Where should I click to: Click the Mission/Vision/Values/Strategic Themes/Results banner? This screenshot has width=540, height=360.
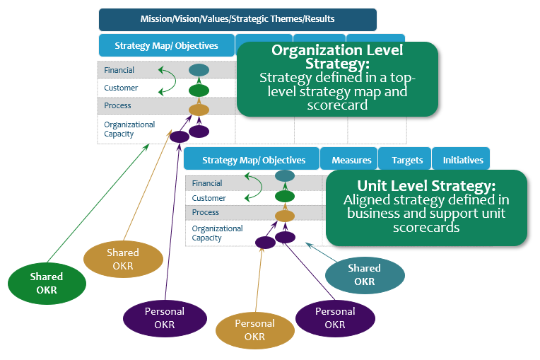(237, 19)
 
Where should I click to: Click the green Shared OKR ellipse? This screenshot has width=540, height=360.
(47, 283)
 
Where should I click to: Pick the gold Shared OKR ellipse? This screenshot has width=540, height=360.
(123, 259)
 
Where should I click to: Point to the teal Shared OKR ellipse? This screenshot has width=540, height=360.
(365, 274)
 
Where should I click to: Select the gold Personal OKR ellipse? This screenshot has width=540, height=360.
(254, 330)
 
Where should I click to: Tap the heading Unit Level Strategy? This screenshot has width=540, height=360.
(426, 186)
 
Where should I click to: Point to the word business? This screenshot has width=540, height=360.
(372, 214)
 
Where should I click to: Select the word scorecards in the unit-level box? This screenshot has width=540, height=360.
(426, 228)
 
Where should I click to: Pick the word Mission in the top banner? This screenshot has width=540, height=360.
(155, 19)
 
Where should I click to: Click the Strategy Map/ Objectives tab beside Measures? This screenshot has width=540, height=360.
(253, 160)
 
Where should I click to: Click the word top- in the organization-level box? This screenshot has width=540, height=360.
(399, 78)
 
